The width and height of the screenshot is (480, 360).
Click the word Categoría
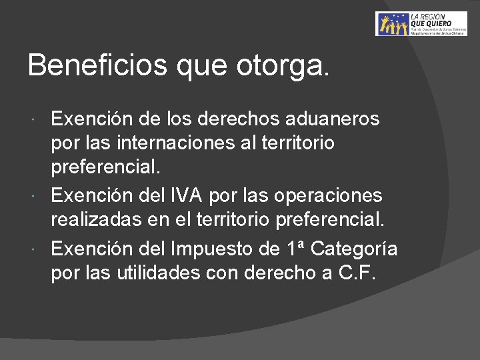tap(354, 249)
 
